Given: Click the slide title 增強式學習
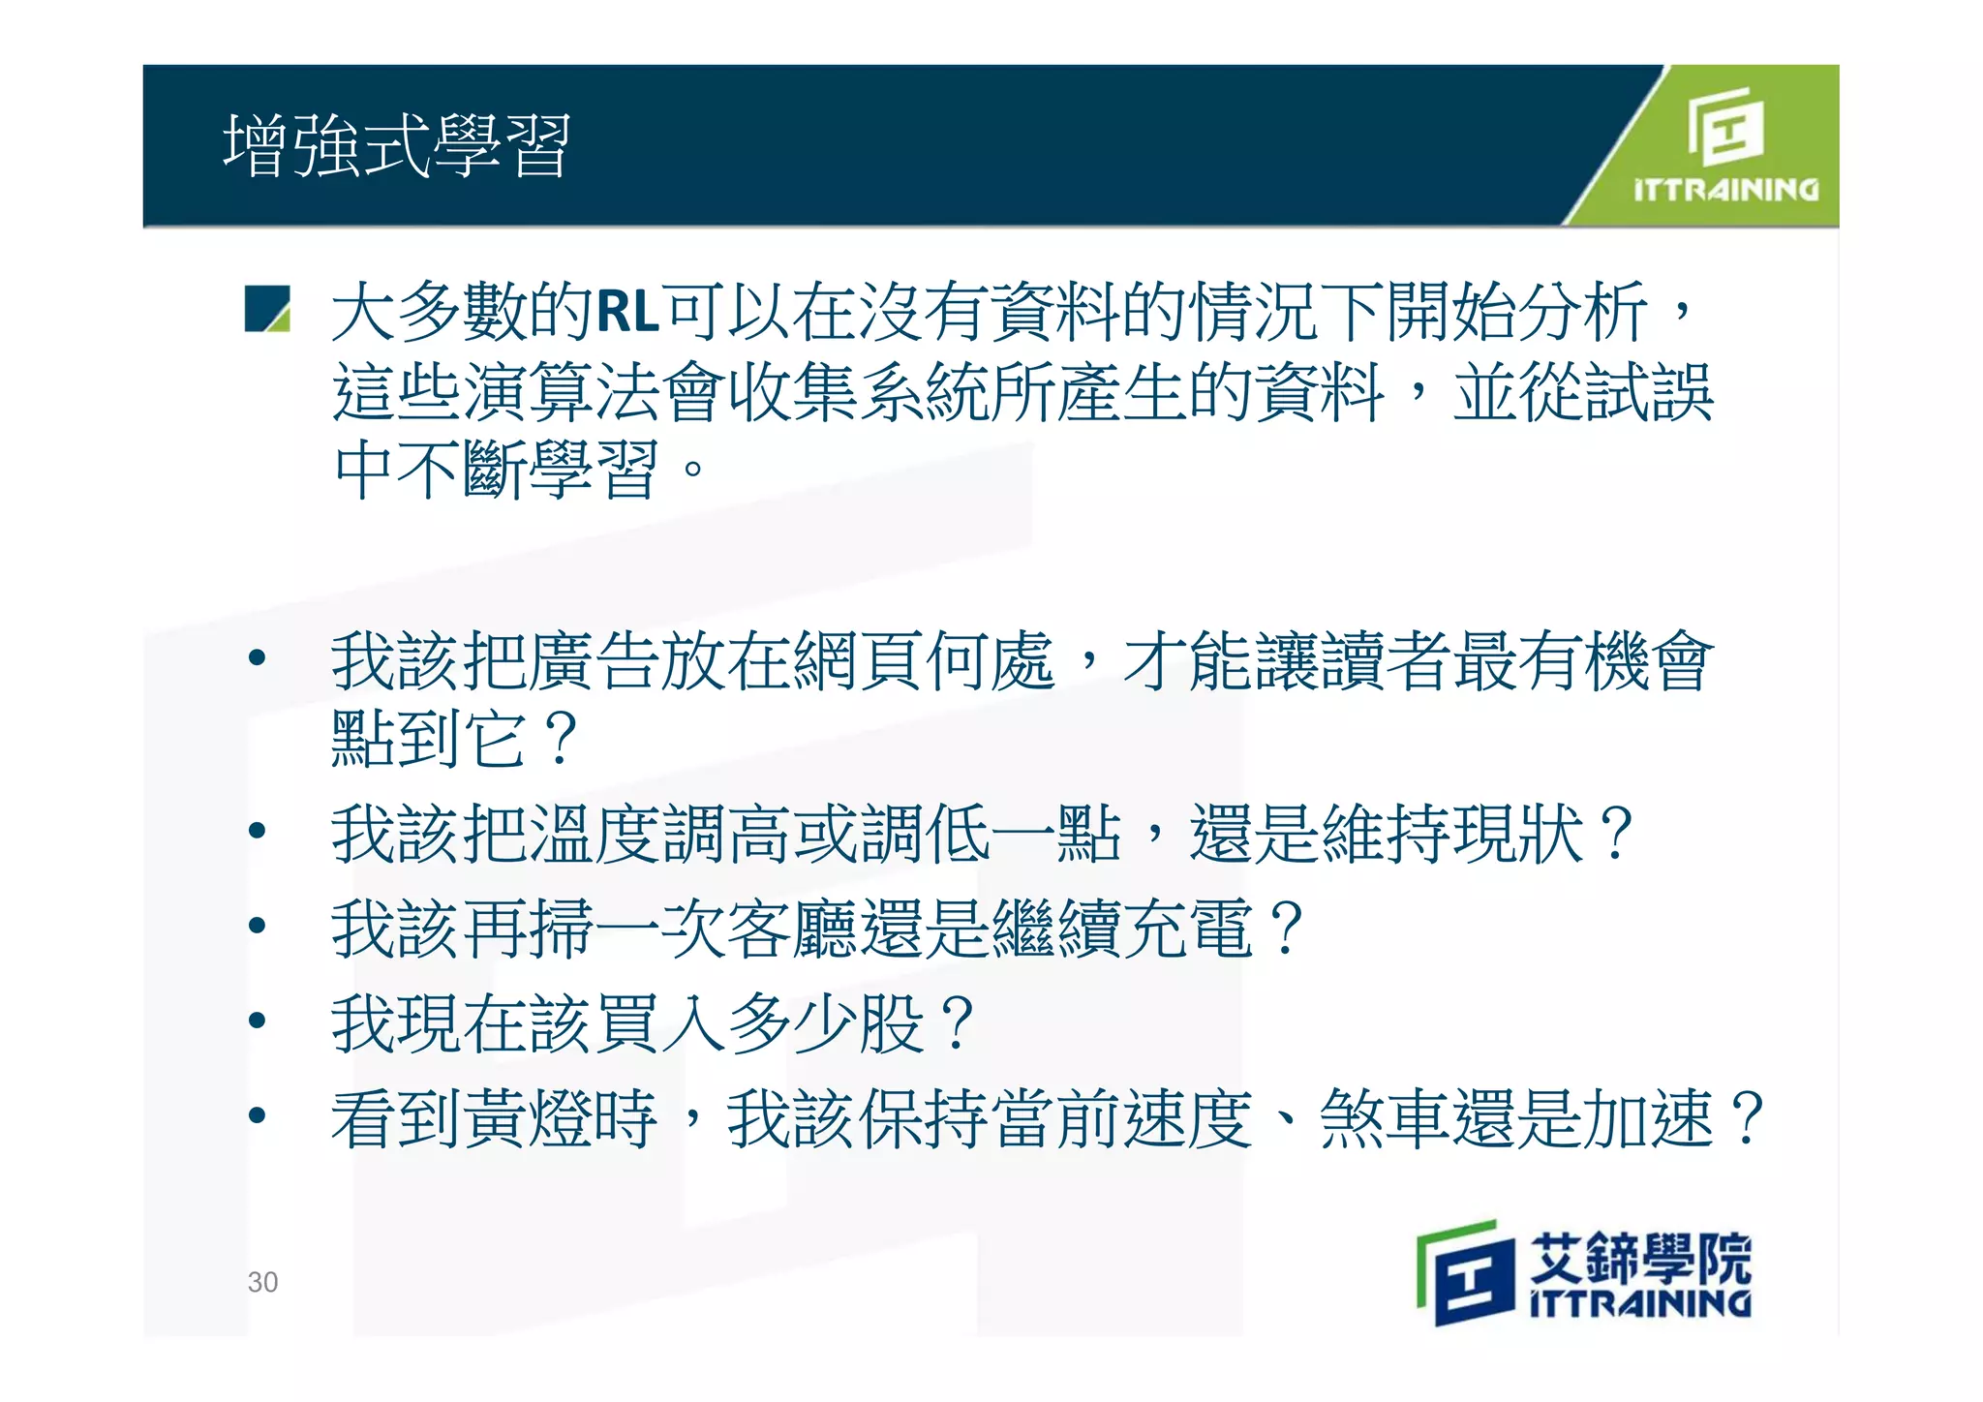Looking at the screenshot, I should (x=397, y=146).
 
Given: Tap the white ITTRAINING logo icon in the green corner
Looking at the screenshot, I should (x=1724, y=127).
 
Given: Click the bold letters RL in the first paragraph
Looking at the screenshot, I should (x=626, y=313).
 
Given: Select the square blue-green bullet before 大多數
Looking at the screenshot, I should (x=267, y=309).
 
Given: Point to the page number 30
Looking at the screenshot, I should (x=262, y=1282).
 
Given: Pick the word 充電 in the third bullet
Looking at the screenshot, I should (x=1188, y=929).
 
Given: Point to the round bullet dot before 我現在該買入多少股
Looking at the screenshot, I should (x=257, y=1020).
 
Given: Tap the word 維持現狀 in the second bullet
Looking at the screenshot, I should (x=1452, y=834).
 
